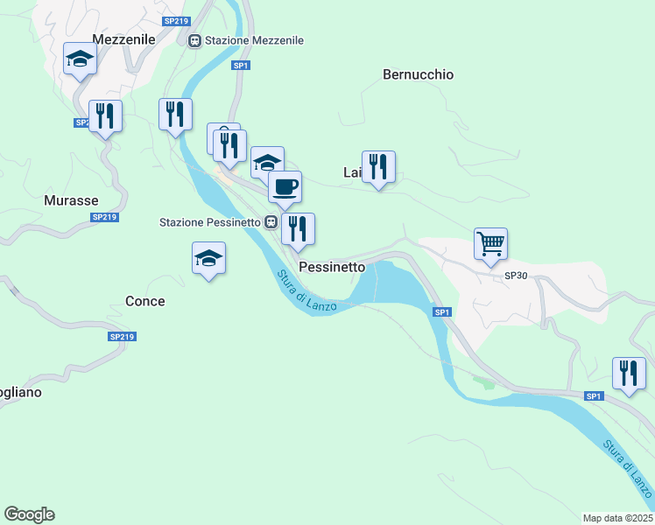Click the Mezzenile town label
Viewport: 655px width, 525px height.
click(x=123, y=39)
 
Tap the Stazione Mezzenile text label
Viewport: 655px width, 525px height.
click(x=254, y=40)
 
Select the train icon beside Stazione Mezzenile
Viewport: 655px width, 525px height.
click(x=194, y=40)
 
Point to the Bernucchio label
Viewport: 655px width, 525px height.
click(x=418, y=74)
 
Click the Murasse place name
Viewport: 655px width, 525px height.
click(x=71, y=200)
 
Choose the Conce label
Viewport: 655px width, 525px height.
click(x=145, y=301)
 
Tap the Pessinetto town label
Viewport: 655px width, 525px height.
click(x=332, y=266)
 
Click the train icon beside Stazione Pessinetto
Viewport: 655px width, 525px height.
click(x=271, y=222)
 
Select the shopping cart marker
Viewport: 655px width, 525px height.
click(x=490, y=243)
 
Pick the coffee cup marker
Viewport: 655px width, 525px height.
click(x=284, y=185)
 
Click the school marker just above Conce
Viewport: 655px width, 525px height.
click(x=208, y=258)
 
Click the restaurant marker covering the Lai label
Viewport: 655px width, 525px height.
click(x=378, y=166)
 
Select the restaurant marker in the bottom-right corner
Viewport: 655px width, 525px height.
click(x=629, y=373)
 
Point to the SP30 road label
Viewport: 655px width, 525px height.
click(x=517, y=276)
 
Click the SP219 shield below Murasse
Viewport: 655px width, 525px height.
click(x=104, y=217)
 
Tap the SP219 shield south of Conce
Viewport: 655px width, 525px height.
click(x=122, y=337)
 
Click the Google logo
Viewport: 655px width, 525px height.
click(x=29, y=514)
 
